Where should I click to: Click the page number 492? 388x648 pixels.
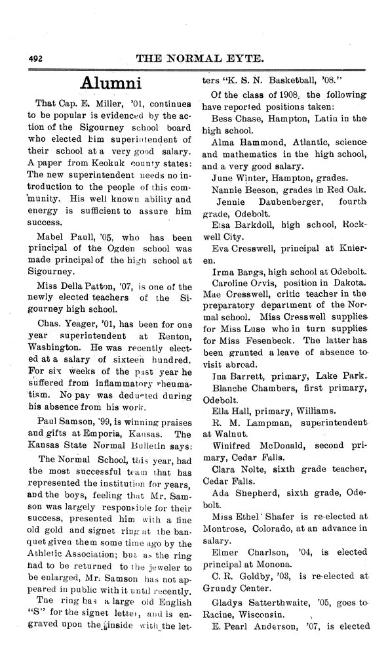tap(35, 58)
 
